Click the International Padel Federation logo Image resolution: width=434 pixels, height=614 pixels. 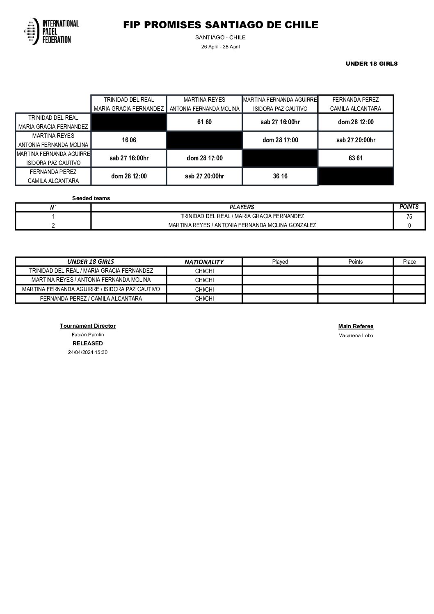pos(52,31)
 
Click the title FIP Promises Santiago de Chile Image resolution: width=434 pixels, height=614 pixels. pos(220,25)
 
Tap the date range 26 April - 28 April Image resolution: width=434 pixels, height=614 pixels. pos(220,47)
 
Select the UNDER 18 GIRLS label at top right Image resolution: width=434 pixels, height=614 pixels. pos(371,64)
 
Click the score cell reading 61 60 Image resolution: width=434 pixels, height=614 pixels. pos(204,122)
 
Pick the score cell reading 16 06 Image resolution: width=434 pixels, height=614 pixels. pos(129,140)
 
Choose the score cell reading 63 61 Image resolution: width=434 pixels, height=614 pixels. pos(355,158)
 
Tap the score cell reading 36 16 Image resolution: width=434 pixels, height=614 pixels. pos(280,176)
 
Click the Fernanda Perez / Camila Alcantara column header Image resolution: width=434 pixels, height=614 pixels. pos(355,104)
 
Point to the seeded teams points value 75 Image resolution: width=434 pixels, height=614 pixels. pos(409,217)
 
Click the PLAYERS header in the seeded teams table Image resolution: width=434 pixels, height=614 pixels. pos(242,207)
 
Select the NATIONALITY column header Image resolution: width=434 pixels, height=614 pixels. pos(204,262)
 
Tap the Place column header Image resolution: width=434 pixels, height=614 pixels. pos(409,262)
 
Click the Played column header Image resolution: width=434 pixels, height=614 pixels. pos(280,262)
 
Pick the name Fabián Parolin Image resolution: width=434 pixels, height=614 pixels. pos(88,335)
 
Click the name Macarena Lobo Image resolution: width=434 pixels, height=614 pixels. pos(356,336)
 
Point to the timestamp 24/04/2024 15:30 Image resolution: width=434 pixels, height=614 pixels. pos(88,352)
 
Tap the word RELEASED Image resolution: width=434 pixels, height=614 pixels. pos(88,343)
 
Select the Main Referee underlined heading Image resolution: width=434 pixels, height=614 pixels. pos(356,326)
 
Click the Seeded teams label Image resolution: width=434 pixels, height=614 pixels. pos(91,199)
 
